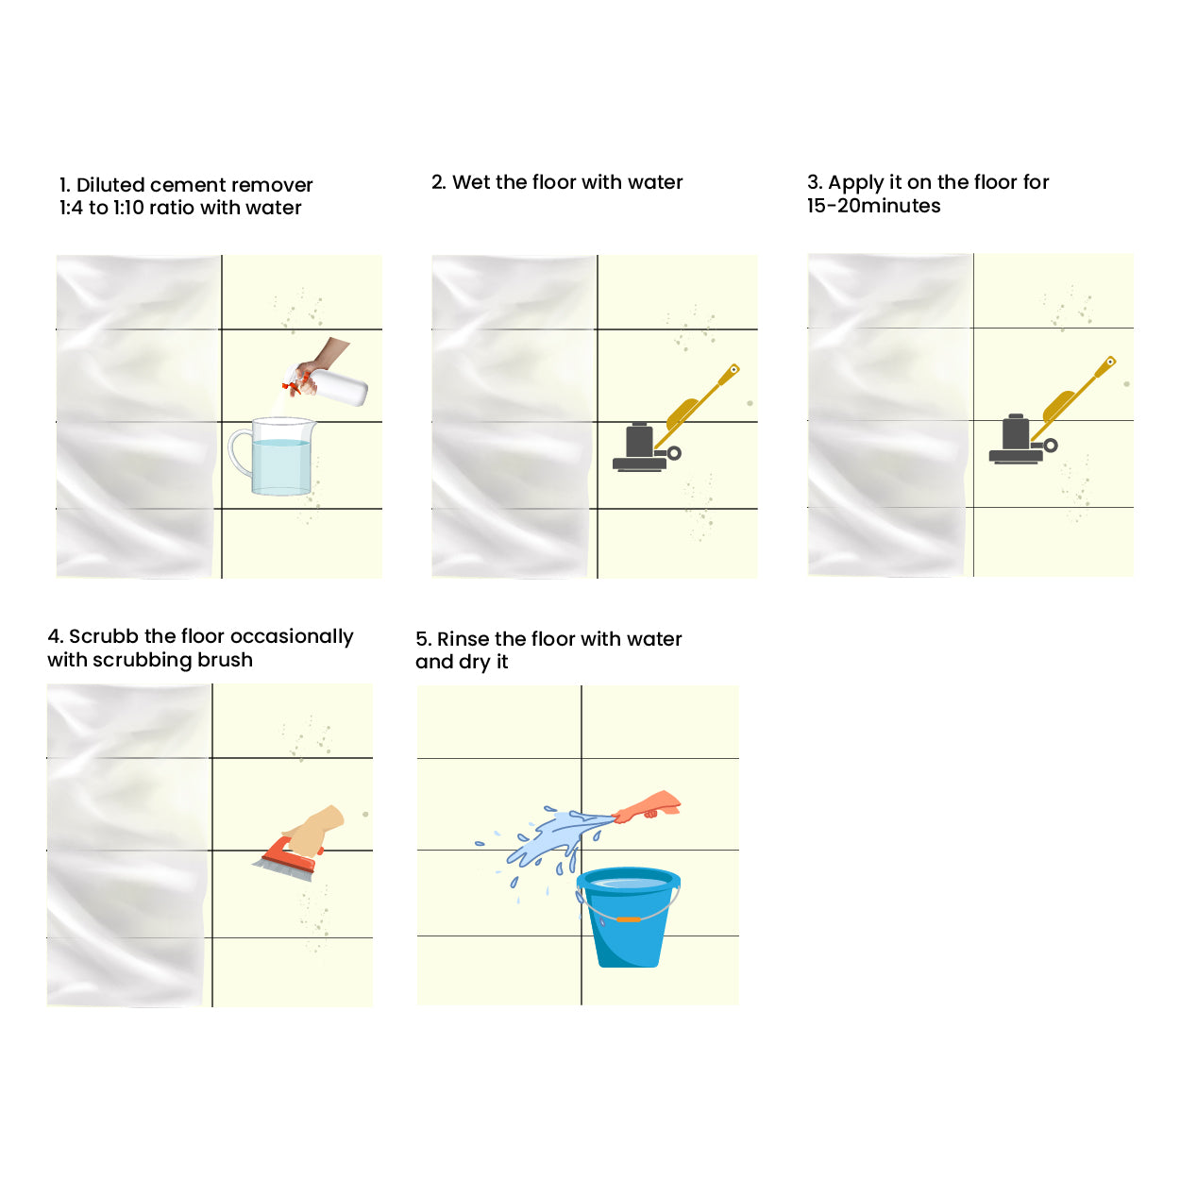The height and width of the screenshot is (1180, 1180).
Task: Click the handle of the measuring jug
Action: tap(240, 452)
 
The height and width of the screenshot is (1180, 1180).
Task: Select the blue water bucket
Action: tap(629, 918)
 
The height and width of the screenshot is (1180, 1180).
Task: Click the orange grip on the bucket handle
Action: tap(629, 919)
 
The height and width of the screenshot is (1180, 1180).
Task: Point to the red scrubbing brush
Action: tap(289, 858)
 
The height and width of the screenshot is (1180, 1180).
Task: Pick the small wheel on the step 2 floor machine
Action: tap(674, 453)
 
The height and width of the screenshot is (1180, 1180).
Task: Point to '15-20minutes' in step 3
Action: tap(873, 206)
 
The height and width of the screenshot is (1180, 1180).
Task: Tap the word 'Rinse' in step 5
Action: tap(463, 639)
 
